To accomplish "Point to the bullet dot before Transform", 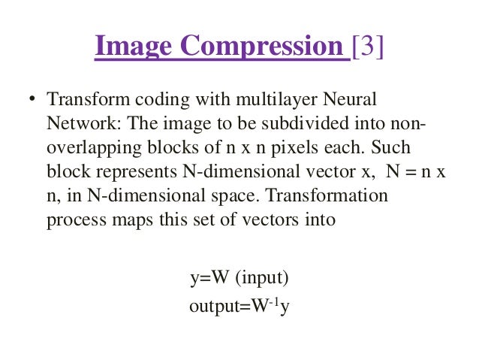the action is point(32,99).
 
